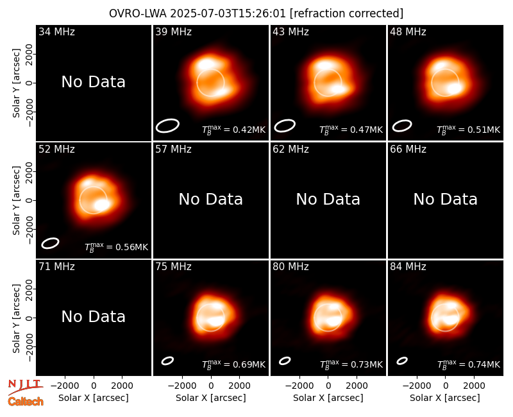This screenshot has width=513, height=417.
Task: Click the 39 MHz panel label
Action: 173,31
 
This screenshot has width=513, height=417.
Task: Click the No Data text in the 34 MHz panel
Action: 94,82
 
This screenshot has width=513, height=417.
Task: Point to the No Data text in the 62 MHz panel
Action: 328,199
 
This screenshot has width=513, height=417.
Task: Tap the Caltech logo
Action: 26,402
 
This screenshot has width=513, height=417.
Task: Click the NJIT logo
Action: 25,387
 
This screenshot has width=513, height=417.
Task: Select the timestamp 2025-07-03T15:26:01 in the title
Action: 228,13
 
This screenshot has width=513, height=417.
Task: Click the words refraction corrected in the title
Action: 347,13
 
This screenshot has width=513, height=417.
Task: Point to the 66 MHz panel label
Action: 408,149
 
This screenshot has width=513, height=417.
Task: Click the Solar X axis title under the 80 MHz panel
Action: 328,398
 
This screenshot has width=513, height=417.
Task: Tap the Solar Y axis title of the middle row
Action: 16,200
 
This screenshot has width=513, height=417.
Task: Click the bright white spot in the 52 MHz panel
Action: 102,205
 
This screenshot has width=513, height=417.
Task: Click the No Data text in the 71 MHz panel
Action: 94,316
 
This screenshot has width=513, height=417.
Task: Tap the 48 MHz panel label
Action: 408,31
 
